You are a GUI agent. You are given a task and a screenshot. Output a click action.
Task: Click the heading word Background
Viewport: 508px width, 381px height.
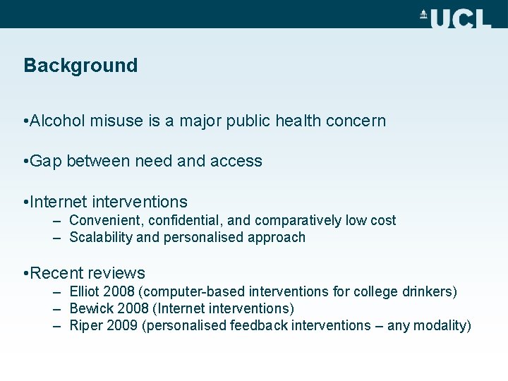point(80,66)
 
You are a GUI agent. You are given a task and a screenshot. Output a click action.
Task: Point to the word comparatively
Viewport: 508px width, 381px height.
point(298,221)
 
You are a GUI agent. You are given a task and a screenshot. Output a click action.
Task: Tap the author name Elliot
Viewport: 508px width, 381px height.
point(85,291)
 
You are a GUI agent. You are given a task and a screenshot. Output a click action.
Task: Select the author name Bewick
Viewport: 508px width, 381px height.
point(90,308)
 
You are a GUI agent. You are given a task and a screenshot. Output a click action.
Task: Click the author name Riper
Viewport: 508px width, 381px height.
point(85,325)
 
